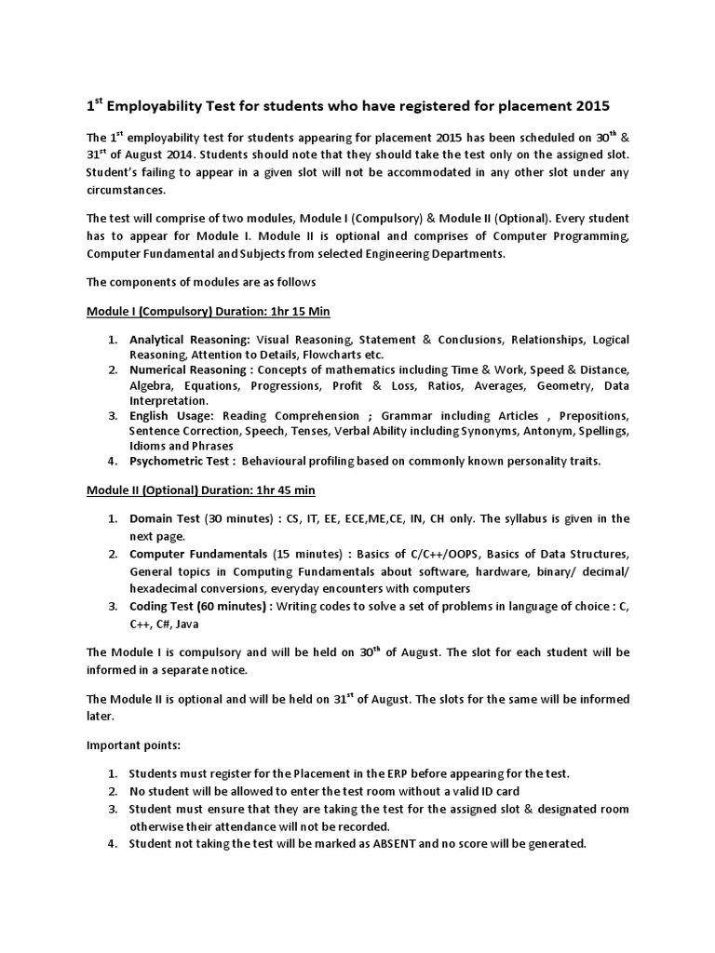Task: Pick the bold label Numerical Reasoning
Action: point(190,369)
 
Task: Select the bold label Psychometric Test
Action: point(180,461)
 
